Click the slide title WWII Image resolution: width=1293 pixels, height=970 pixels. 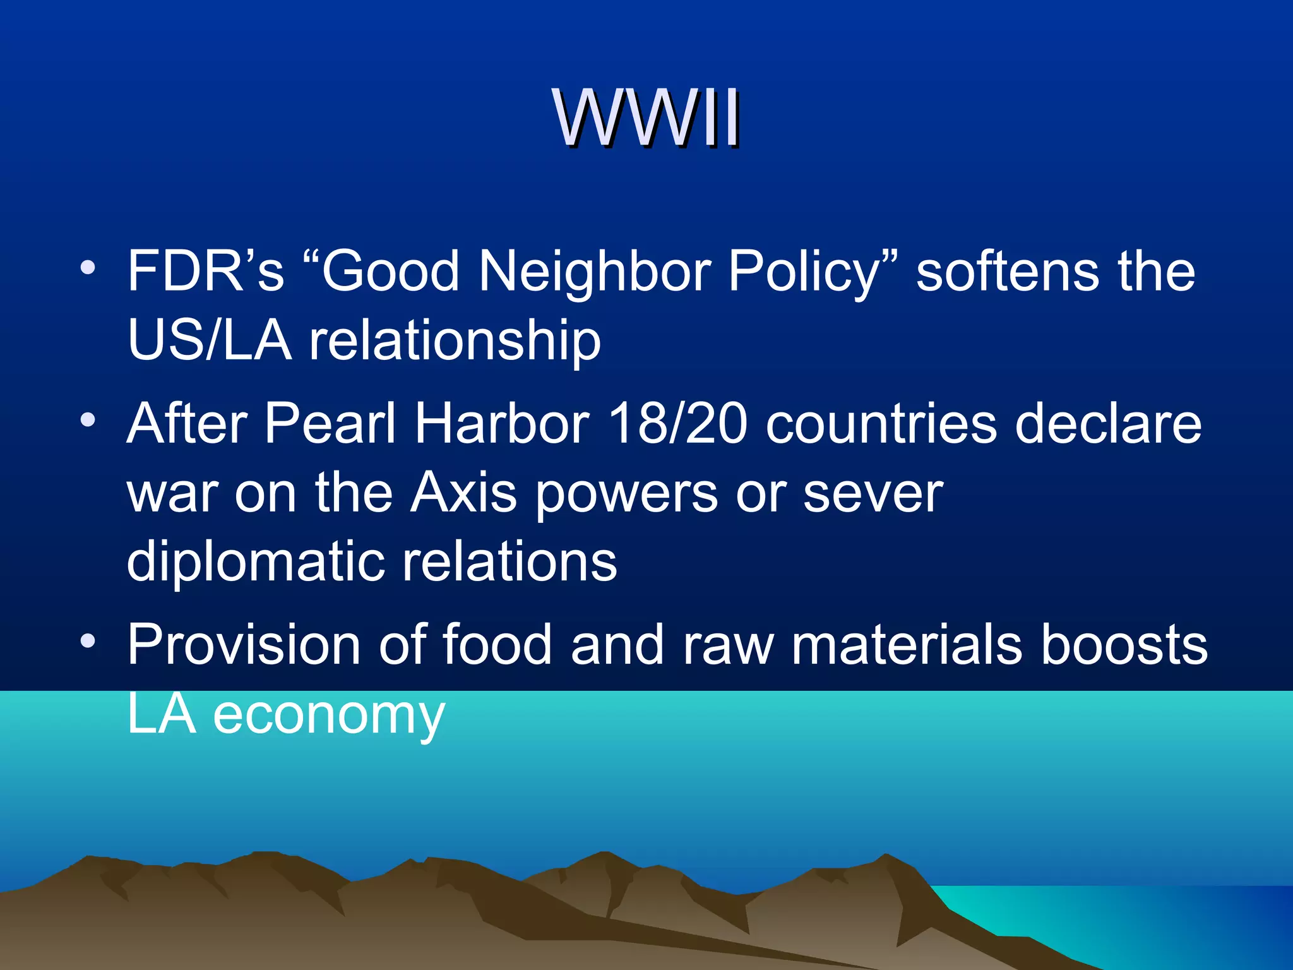(646, 118)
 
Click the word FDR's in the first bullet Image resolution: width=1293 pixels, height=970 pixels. (205, 272)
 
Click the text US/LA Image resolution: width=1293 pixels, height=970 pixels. (209, 341)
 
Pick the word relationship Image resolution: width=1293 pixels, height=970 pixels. (455, 341)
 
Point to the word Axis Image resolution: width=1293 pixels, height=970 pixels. (463, 493)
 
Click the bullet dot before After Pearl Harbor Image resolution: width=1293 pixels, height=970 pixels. (88, 420)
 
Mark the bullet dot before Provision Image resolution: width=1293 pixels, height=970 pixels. (88, 642)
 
